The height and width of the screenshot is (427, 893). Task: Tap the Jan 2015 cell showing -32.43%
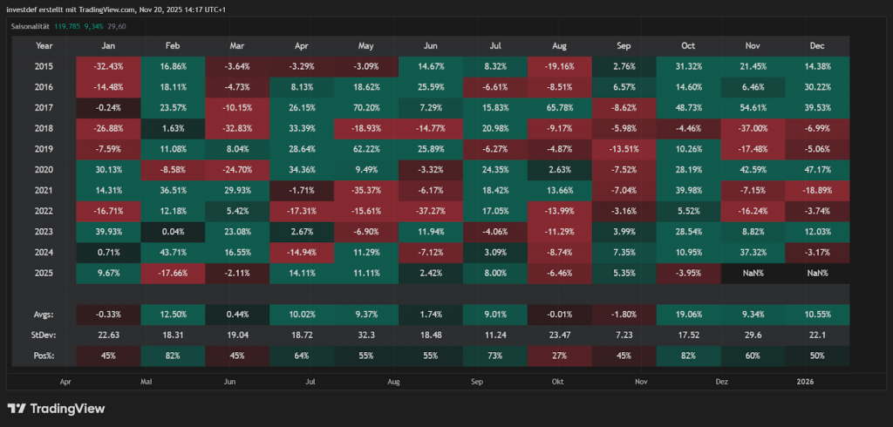[x=108, y=66]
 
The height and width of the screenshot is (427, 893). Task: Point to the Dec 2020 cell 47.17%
[x=818, y=170]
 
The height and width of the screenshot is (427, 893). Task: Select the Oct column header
[x=690, y=45]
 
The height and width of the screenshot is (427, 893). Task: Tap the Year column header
[x=44, y=45]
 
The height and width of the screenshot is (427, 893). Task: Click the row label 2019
[x=44, y=149]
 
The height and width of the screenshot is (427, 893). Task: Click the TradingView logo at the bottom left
[x=56, y=408]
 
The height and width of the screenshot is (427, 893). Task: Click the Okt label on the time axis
[x=558, y=381]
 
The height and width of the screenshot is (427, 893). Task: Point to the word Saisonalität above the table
[x=31, y=26]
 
